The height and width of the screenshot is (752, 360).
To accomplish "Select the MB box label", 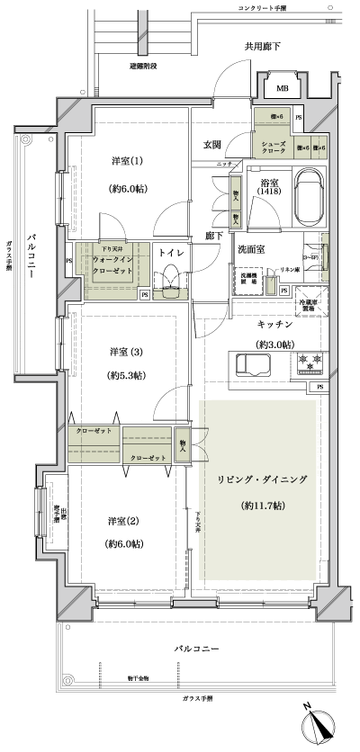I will click(x=282, y=88).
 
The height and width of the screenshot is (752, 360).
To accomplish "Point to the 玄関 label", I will click(x=212, y=146).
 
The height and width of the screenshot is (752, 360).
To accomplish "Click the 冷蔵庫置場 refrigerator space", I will click(x=308, y=305).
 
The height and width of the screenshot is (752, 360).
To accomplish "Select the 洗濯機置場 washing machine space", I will click(x=249, y=280).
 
